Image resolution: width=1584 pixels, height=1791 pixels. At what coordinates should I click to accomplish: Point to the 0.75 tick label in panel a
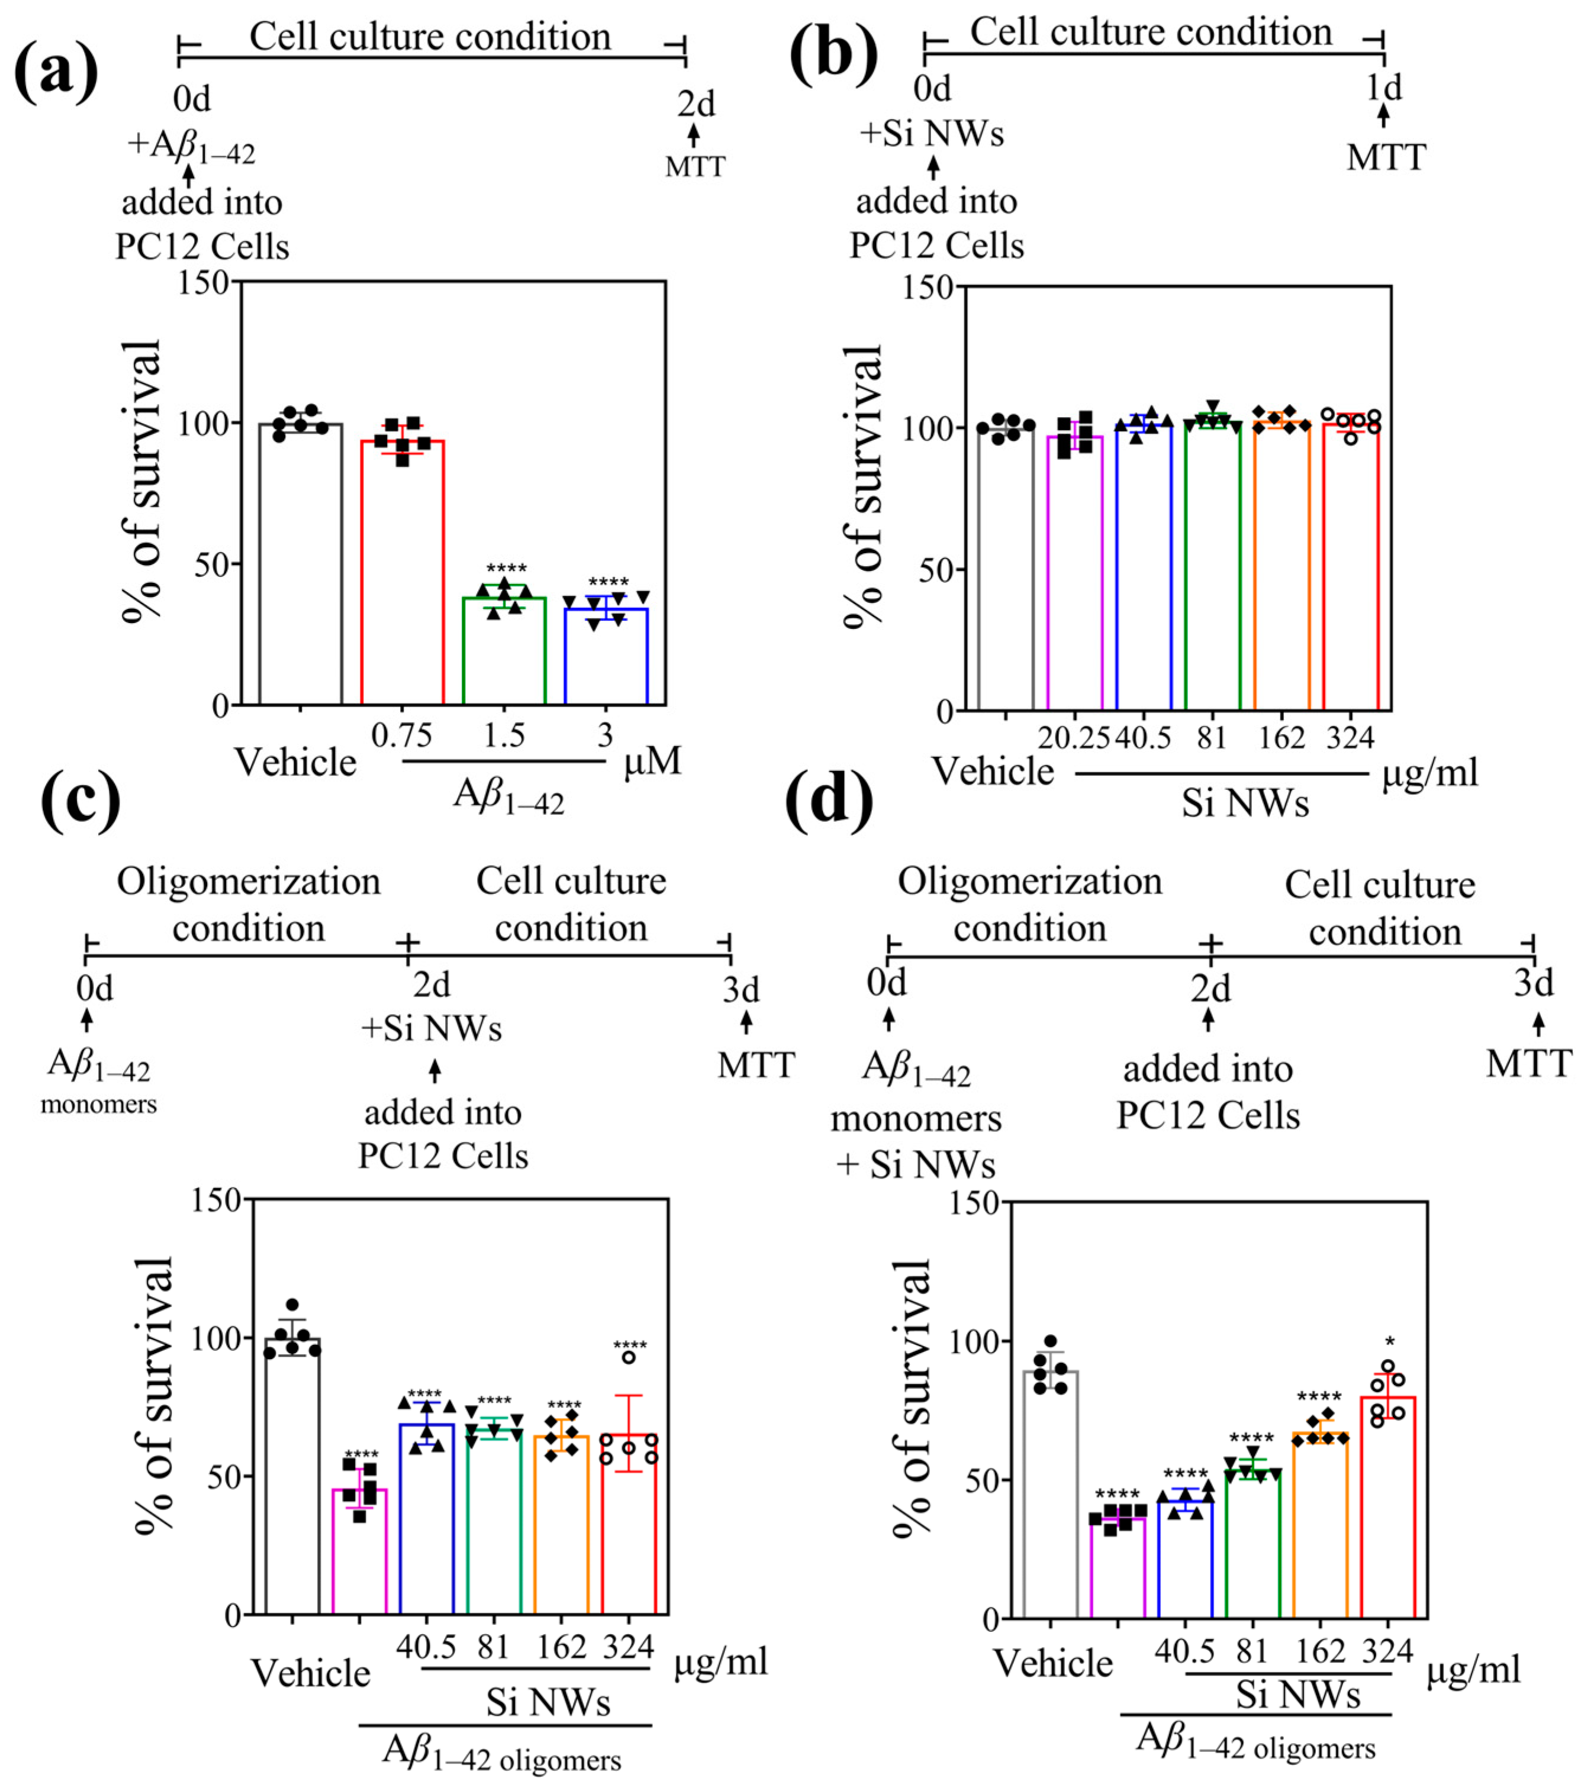pyautogui.click(x=401, y=735)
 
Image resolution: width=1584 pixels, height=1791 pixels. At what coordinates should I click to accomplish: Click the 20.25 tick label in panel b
pyautogui.click(x=1074, y=738)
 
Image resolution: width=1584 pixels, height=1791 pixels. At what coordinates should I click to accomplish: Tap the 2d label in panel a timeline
pyautogui.click(x=696, y=104)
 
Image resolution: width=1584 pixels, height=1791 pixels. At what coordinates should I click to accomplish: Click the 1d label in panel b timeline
pyautogui.click(x=1384, y=87)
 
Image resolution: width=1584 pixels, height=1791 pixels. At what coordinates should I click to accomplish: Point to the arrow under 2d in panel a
pyautogui.click(x=694, y=135)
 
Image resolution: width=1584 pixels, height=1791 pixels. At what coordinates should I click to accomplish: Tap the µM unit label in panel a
pyautogui.click(x=652, y=760)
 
